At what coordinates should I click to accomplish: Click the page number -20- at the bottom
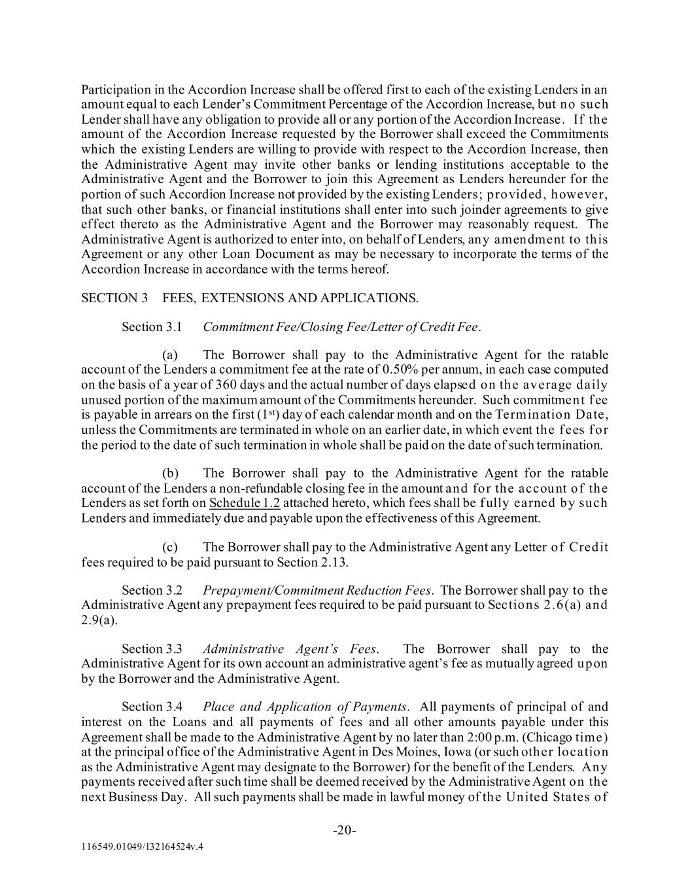click(x=344, y=830)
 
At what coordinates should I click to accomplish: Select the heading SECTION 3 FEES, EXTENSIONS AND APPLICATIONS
click(x=250, y=298)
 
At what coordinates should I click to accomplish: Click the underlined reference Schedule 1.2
click(x=245, y=503)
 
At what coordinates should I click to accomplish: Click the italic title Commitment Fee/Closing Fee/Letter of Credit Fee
click(x=341, y=326)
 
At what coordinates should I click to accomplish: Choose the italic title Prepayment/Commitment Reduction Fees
click(x=317, y=590)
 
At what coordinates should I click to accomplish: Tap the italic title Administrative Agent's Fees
click(x=290, y=649)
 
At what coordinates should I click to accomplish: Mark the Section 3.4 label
click(x=152, y=707)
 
